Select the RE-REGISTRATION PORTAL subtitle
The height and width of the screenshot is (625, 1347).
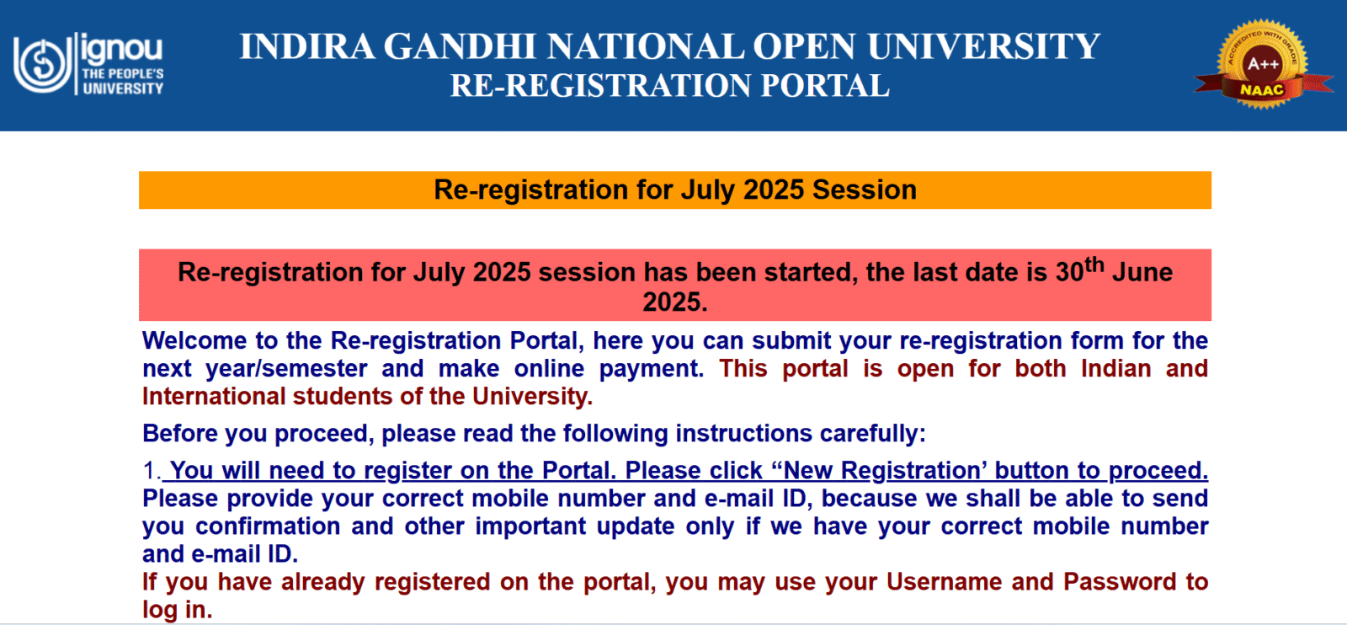tap(669, 86)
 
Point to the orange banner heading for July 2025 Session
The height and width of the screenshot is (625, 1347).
tap(674, 190)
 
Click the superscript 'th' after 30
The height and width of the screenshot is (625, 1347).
tap(1094, 265)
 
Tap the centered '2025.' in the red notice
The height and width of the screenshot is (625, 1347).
tap(674, 302)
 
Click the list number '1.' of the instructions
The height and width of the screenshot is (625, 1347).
tap(152, 471)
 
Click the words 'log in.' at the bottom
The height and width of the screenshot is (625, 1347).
tap(177, 610)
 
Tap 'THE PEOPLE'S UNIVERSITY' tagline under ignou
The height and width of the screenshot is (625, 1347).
tap(123, 81)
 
